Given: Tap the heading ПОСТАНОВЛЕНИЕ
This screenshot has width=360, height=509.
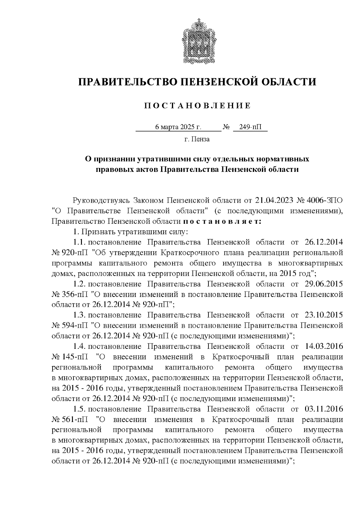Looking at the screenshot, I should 197,106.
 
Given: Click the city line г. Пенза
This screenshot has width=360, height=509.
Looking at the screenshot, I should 197,139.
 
